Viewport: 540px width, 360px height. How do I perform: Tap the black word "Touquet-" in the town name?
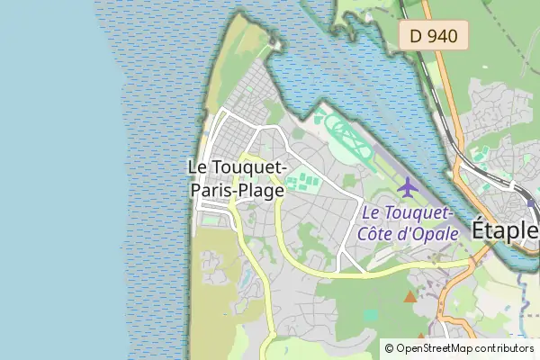coord(251,167)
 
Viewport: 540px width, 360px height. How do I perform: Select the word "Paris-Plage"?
coord(237,190)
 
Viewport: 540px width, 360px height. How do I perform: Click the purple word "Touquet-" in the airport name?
coord(419,213)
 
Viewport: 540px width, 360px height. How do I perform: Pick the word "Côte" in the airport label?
coord(378,233)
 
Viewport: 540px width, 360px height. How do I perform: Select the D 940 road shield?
coord(434,37)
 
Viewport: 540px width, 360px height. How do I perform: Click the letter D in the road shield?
coord(416,37)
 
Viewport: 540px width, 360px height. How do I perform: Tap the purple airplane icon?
coord(408,188)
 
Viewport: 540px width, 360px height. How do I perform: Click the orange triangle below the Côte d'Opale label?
coord(410,296)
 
